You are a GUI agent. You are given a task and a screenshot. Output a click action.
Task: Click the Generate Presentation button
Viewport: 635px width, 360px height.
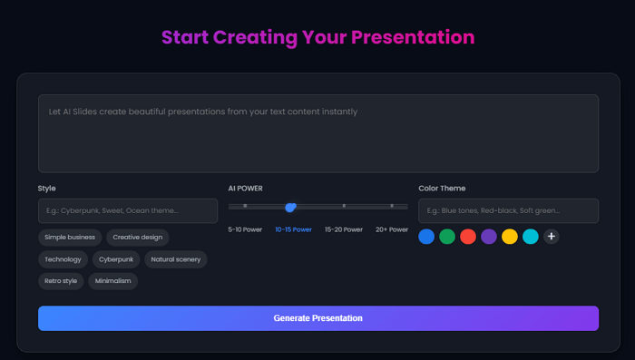(317, 318)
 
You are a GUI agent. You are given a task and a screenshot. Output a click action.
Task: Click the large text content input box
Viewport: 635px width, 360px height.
(317, 133)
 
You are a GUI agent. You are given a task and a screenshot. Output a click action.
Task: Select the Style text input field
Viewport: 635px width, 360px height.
(127, 210)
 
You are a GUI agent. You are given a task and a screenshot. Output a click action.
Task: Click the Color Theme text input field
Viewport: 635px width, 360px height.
(508, 210)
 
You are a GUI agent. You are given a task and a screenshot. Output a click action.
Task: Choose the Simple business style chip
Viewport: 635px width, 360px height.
(70, 238)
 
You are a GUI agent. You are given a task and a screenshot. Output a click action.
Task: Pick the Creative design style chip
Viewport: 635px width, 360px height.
(138, 238)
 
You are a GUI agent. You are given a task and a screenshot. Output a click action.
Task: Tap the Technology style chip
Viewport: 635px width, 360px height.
(62, 259)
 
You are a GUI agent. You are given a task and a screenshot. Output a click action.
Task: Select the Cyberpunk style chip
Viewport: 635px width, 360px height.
(116, 259)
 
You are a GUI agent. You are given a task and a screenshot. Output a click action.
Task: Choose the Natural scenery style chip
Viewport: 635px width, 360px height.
(175, 259)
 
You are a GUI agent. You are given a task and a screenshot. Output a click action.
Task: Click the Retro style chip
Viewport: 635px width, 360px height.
(62, 281)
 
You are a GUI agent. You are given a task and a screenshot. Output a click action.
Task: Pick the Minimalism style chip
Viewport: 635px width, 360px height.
(113, 281)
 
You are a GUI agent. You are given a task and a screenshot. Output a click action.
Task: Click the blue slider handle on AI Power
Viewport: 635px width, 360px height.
(290, 207)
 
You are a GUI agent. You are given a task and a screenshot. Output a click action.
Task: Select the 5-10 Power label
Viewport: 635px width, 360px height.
(246, 230)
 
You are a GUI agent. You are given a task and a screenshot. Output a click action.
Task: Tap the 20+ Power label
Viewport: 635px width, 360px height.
(392, 230)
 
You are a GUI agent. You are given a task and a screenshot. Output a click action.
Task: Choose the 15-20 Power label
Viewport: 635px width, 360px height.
(344, 230)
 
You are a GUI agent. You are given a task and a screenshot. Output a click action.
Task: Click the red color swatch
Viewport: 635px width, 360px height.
(468, 237)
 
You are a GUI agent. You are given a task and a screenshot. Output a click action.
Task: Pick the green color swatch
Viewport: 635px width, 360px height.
(447, 237)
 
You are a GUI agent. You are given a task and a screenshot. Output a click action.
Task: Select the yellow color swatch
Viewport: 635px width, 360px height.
(510, 237)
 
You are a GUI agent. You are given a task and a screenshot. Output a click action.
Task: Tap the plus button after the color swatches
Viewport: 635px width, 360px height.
(551, 237)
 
